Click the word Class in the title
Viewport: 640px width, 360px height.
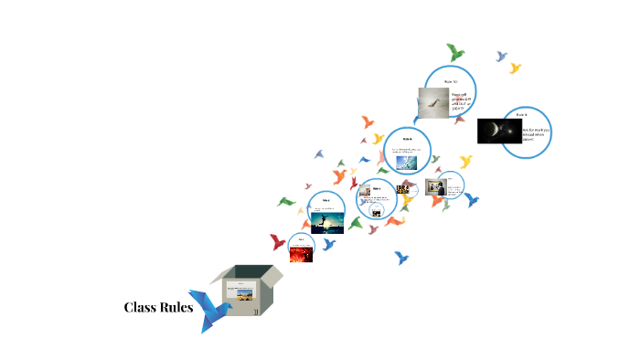tap(140, 307)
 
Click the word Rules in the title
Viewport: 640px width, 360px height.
tap(176, 307)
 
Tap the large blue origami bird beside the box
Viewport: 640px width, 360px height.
tap(217, 311)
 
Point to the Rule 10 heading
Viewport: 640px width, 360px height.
tap(450, 81)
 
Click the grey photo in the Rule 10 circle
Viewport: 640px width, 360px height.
tap(432, 102)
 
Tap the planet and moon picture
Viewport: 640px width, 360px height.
tap(498, 132)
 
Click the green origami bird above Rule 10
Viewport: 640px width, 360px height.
tap(455, 51)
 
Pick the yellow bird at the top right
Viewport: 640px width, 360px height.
tap(515, 69)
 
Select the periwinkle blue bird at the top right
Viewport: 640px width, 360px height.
tap(501, 56)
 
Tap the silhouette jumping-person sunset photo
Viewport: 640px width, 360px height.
tap(326, 222)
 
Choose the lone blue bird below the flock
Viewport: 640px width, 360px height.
tap(401, 259)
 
